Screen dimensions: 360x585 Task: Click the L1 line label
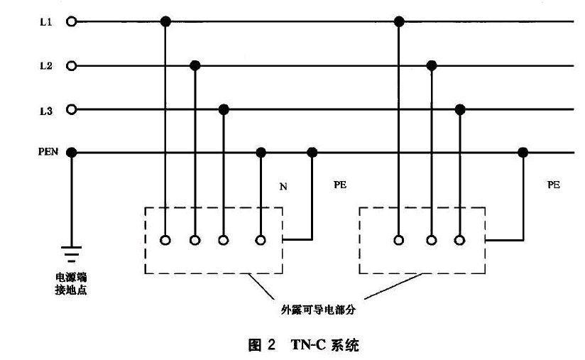(x=45, y=22)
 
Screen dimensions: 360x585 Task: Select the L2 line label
(x=45, y=66)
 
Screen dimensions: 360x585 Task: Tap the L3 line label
(x=45, y=110)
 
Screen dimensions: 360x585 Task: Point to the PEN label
(x=48, y=152)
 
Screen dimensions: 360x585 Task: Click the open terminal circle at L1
(x=71, y=22)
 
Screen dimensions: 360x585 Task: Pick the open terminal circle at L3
(x=71, y=109)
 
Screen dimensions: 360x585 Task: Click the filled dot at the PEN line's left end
(x=71, y=152)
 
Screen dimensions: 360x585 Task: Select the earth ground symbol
(x=71, y=253)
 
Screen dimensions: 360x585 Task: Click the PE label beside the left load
(x=340, y=185)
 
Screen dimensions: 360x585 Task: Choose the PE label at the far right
(x=554, y=185)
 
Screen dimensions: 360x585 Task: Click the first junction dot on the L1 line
(x=166, y=22)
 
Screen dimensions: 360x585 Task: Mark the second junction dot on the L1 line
(x=400, y=22)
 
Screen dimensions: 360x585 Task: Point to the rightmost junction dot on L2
(x=431, y=66)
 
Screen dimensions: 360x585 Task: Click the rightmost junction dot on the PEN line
(x=523, y=152)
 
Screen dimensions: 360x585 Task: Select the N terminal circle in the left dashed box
(x=261, y=240)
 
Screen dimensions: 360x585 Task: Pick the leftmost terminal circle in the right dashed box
(x=400, y=240)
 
